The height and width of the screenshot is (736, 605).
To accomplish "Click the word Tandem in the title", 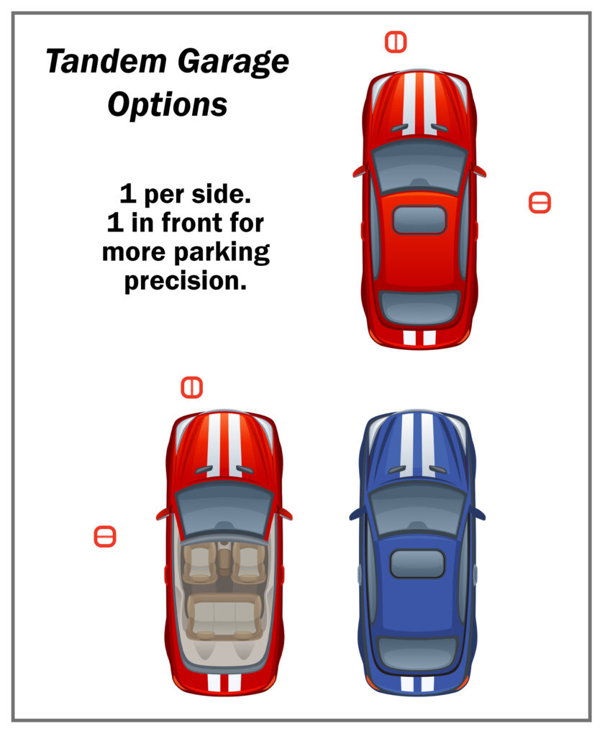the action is pyautogui.click(x=106, y=61).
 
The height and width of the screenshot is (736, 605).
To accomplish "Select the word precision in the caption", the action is pyautogui.click(x=186, y=282).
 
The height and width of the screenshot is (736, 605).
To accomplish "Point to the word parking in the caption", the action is pyautogui.click(x=222, y=253).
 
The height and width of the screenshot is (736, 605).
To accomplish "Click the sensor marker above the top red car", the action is pyautogui.click(x=396, y=42).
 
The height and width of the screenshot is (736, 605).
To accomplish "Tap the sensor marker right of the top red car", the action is pyautogui.click(x=540, y=203).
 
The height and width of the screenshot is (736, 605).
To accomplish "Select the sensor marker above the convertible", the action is pyautogui.click(x=191, y=387).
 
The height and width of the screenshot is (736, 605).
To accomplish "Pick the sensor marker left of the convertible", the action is pyautogui.click(x=105, y=536).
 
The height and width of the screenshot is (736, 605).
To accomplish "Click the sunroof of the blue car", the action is pyautogui.click(x=417, y=563).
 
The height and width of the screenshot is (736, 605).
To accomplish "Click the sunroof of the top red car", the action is pyautogui.click(x=419, y=220).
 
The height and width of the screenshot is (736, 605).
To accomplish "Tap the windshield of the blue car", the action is pyautogui.click(x=417, y=510).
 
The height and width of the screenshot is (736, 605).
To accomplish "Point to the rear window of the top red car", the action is pyautogui.click(x=419, y=308).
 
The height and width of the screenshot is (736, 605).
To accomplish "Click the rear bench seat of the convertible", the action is pyautogui.click(x=224, y=617).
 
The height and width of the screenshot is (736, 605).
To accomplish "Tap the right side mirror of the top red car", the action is pyautogui.click(x=478, y=171).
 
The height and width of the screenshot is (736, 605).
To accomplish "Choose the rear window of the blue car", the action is pyautogui.click(x=417, y=653).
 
